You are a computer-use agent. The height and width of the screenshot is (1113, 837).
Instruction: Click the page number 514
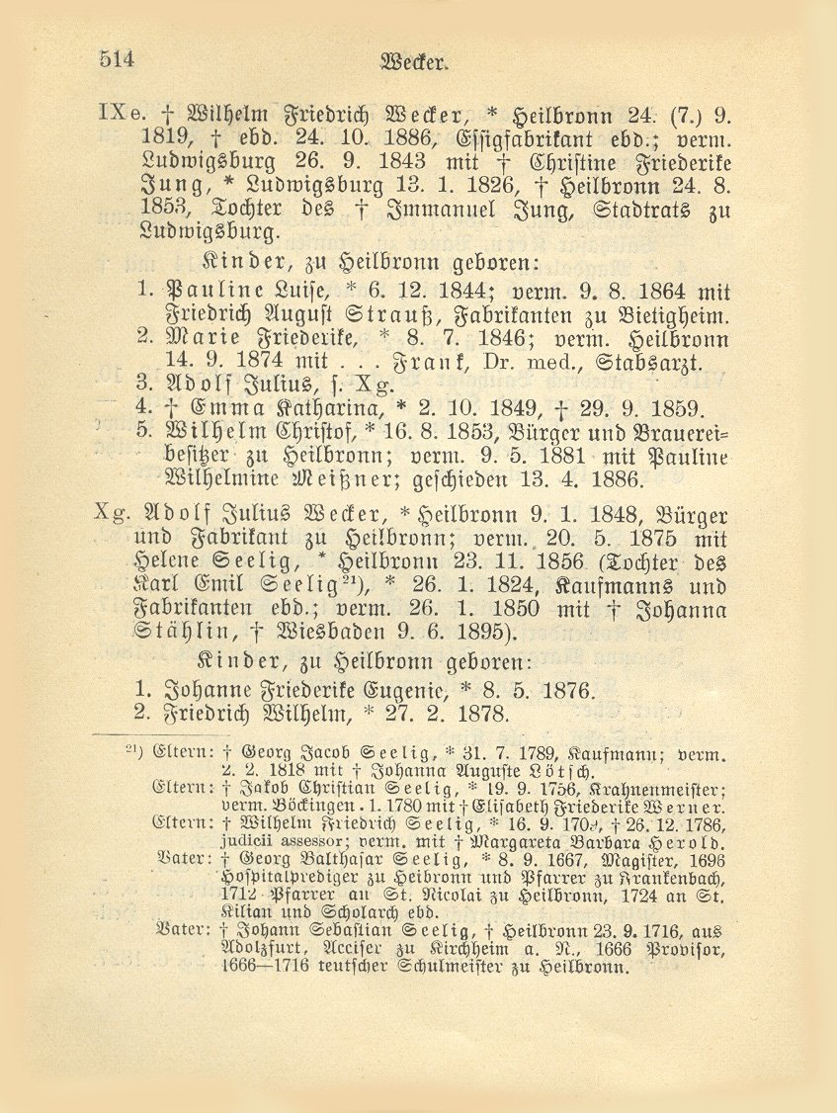click(116, 58)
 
